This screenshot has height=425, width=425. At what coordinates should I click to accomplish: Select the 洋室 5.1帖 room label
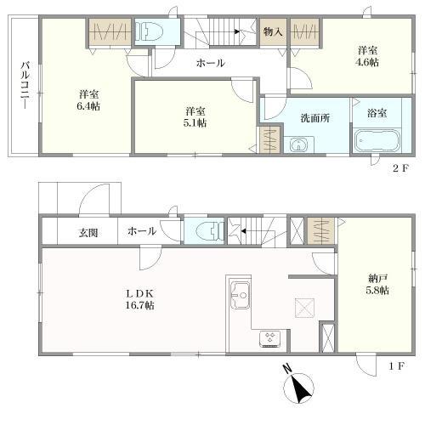[195, 117]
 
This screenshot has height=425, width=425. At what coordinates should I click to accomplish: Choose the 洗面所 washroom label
[313, 118]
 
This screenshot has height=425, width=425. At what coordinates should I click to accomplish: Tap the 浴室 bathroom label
[377, 112]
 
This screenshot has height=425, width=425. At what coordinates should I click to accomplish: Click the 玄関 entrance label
[90, 231]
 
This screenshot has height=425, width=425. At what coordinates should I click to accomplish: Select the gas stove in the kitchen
[271, 338]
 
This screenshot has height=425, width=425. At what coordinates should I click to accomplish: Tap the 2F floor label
[400, 167]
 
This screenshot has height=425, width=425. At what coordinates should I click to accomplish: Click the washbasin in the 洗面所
[297, 144]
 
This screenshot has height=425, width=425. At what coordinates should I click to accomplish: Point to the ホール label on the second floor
[210, 63]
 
